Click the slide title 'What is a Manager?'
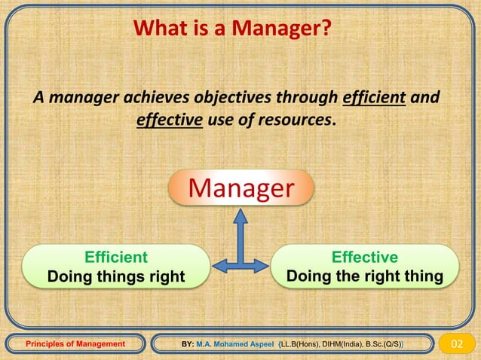click(232, 29)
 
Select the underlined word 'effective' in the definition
click(170, 121)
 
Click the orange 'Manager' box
click(240, 188)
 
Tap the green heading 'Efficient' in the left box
click(116, 257)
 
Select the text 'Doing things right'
click(116, 276)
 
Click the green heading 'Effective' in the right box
click(365, 257)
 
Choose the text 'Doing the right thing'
click(365, 276)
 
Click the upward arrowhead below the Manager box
click(240, 216)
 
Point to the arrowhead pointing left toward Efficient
click(217, 265)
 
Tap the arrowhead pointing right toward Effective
click(262, 265)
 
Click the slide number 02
click(457, 344)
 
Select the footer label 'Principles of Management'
click(75, 344)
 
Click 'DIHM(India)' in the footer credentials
click(338, 344)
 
